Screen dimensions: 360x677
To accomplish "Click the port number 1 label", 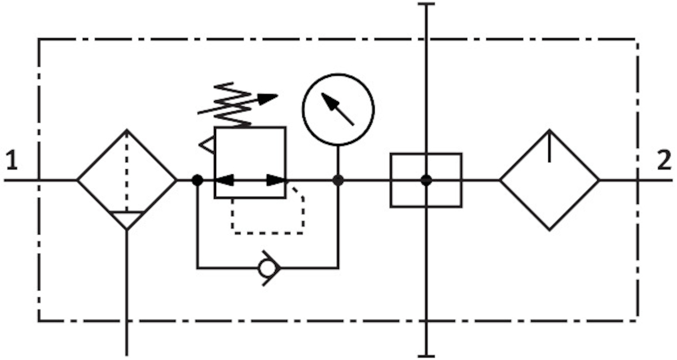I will point(12,161).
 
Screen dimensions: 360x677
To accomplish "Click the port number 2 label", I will point(664,161).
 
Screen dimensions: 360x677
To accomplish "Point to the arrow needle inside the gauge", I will point(337,108).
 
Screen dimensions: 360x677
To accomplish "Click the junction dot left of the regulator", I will point(197,180).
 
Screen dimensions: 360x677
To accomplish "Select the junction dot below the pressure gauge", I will point(338,180).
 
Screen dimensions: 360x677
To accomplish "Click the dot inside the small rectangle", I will point(426,180).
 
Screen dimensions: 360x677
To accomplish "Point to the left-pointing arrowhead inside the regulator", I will point(225,180).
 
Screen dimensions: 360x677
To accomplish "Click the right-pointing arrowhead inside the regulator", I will point(276,180).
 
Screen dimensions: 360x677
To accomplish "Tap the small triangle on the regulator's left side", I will point(207,146).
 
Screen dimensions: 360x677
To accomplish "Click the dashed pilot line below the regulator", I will point(267,232).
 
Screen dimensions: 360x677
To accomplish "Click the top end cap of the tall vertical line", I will point(427,5).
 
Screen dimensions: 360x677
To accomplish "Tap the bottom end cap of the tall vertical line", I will point(427,355).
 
